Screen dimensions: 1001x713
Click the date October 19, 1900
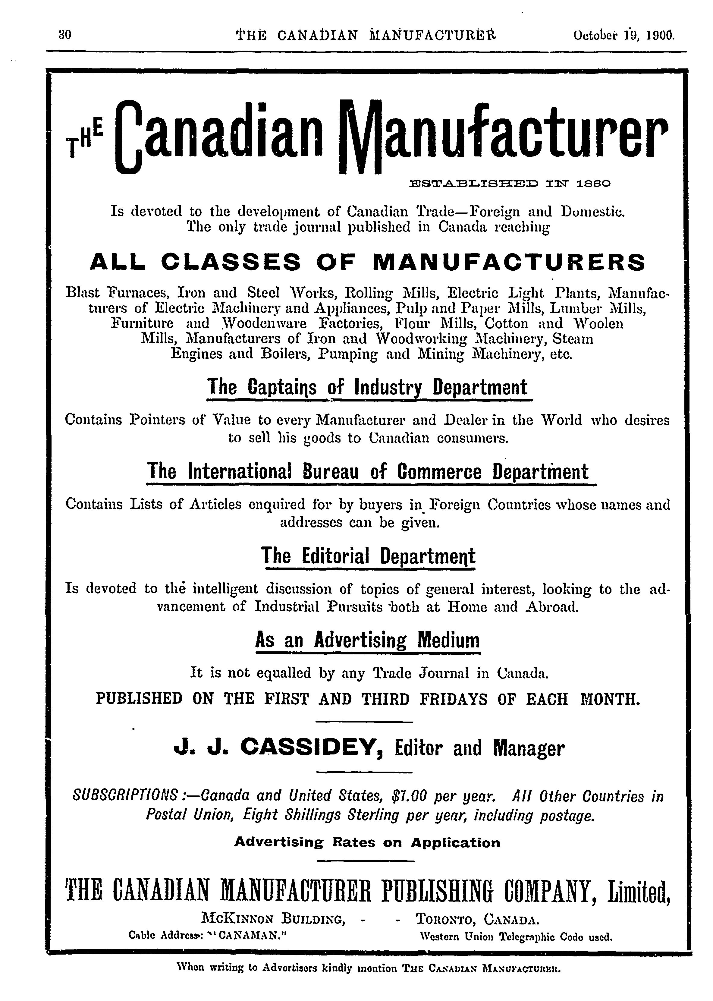pos(623,35)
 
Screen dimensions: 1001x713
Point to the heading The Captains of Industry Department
pos(368,388)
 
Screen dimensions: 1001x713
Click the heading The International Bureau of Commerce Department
pos(368,472)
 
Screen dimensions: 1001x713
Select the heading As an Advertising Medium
pos(368,641)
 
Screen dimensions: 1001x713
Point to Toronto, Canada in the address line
pos(477,919)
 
